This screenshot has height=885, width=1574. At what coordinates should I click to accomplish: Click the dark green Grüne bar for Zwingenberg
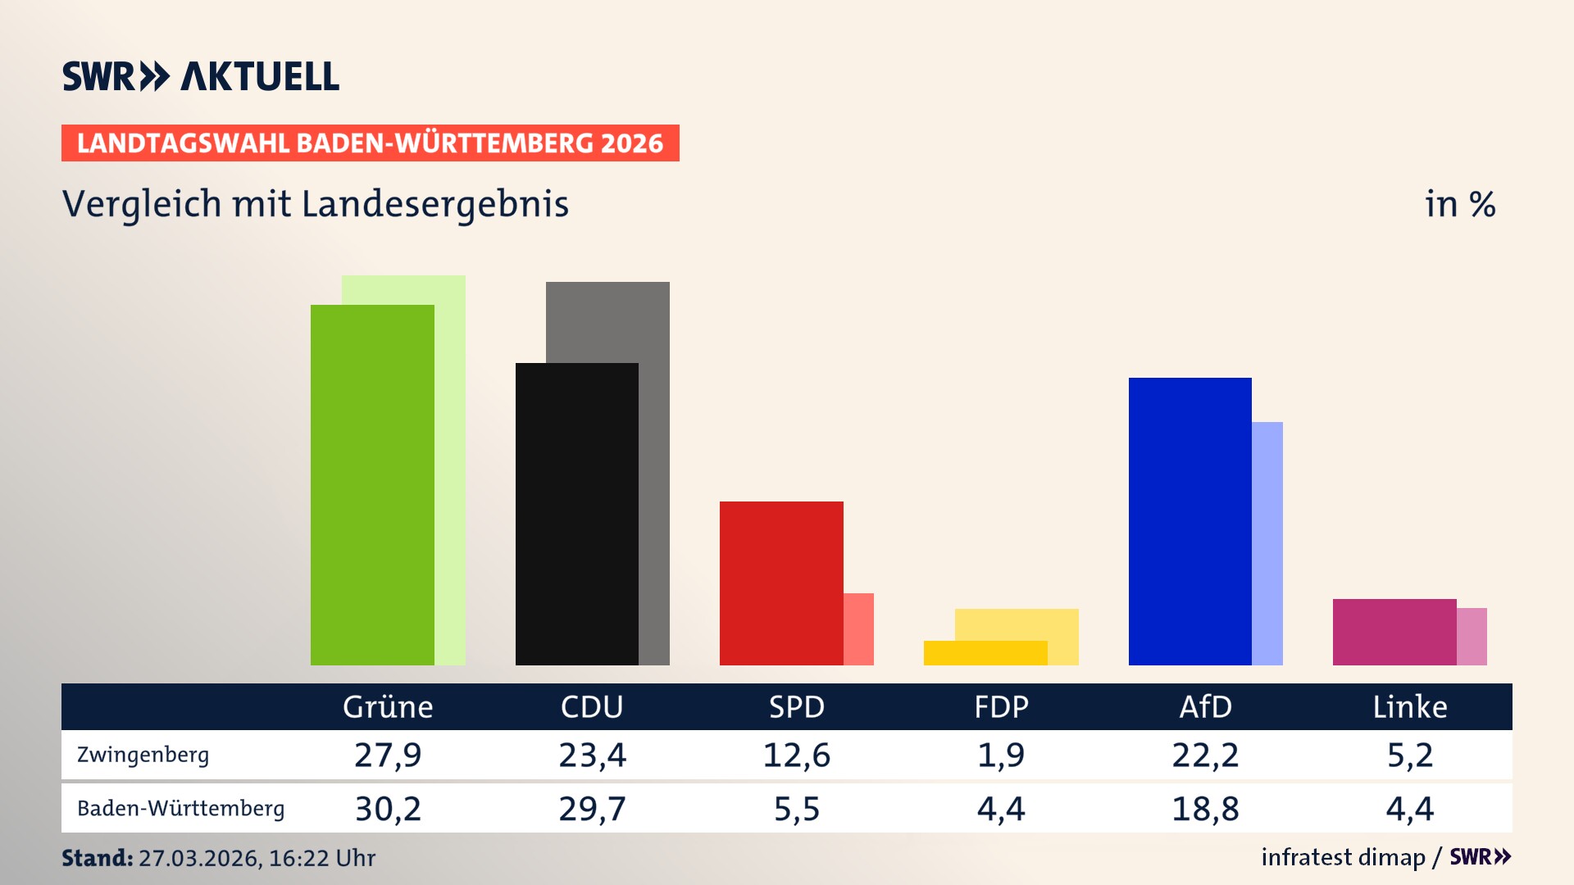point(372,484)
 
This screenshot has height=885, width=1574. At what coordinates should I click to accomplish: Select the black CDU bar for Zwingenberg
point(576,514)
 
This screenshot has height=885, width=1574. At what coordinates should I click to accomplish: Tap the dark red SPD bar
point(780,583)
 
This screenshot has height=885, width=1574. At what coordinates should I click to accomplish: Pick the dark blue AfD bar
point(1190,521)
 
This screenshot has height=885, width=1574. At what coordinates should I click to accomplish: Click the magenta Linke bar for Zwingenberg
point(1394,632)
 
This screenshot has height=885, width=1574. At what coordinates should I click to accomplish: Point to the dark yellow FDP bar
point(985,653)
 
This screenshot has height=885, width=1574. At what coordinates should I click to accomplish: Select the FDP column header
point(1001,706)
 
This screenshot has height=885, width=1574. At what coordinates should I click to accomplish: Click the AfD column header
point(1205,706)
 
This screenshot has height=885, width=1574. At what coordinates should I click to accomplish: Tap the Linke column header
point(1410,706)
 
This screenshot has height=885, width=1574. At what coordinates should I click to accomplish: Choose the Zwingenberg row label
point(143,755)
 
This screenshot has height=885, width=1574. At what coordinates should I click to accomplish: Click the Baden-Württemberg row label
point(180,809)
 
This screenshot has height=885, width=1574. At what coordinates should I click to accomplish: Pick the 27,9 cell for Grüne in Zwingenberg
point(388,755)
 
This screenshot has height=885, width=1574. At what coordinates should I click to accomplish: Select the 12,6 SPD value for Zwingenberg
point(796,755)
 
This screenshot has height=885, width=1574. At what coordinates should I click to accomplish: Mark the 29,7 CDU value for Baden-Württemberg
point(592,809)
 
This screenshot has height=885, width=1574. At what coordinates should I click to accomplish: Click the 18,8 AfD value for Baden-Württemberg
point(1205,809)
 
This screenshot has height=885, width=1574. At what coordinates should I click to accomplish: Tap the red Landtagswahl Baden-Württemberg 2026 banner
point(370,143)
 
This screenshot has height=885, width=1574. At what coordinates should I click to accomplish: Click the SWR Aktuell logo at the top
point(201,76)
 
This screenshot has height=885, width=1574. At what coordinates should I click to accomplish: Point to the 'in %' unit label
point(1459,204)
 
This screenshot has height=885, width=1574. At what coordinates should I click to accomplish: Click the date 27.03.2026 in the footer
point(198,858)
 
